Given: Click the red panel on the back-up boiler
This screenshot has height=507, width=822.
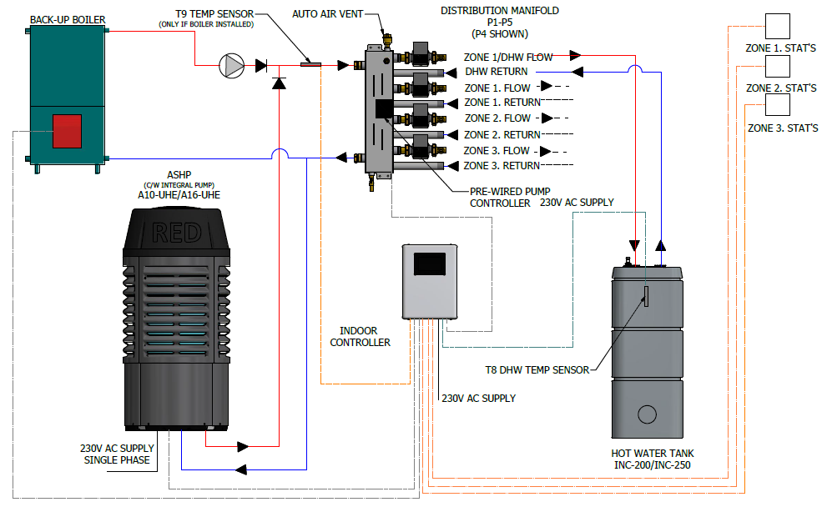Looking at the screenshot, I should point(67,132).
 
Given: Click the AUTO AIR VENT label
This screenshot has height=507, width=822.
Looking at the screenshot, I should point(326,14).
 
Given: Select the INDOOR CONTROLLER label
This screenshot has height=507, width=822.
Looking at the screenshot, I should point(360,336).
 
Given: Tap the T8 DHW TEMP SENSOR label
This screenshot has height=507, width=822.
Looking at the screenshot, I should point(537,369).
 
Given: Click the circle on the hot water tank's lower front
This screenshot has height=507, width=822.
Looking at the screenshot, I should point(647,414).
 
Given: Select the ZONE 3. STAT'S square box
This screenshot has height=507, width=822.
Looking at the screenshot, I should point(778,104).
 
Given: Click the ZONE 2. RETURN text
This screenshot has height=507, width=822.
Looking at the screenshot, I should point(502,134).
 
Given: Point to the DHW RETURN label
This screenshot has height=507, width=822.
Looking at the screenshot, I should point(497,72).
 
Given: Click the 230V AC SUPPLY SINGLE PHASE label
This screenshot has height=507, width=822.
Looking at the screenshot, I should point(117,454).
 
